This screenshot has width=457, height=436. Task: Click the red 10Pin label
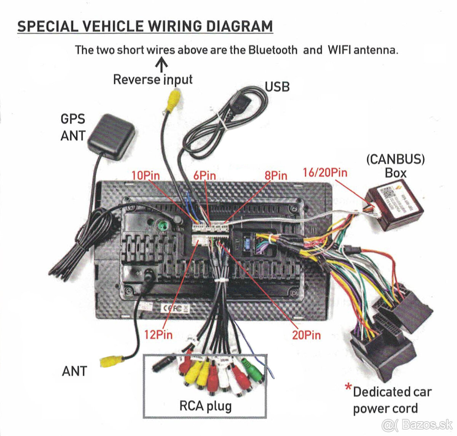(x=145, y=175)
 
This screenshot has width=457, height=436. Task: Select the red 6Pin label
(x=204, y=175)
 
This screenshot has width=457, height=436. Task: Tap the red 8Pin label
(x=276, y=175)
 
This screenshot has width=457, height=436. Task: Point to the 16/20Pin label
(x=325, y=173)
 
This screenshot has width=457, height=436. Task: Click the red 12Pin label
(x=158, y=335)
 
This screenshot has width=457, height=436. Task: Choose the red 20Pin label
(x=306, y=335)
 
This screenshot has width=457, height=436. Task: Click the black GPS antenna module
(x=111, y=136)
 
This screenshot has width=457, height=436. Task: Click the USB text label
(x=277, y=87)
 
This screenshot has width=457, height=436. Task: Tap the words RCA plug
(x=205, y=406)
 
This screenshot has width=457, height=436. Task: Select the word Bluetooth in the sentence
(x=273, y=50)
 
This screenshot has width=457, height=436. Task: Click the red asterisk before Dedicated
(x=348, y=388)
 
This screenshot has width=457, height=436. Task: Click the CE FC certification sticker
(x=176, y=308)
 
